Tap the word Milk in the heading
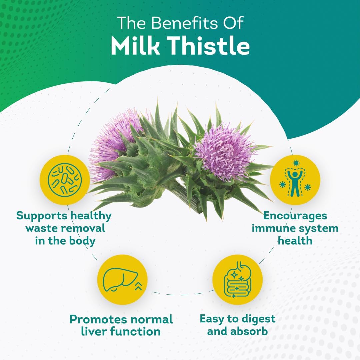pyautogui.click(x=135, y=46)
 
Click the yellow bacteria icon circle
pyautogui.click(x=65, y=179)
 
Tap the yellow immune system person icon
pyautogui.click(x=295, y=179)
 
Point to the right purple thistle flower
pyautogui.click(x=225, y=152)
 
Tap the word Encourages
pyautogui.click(x=295, y=215)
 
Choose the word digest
pyautogui.click(x=258, y=319)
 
